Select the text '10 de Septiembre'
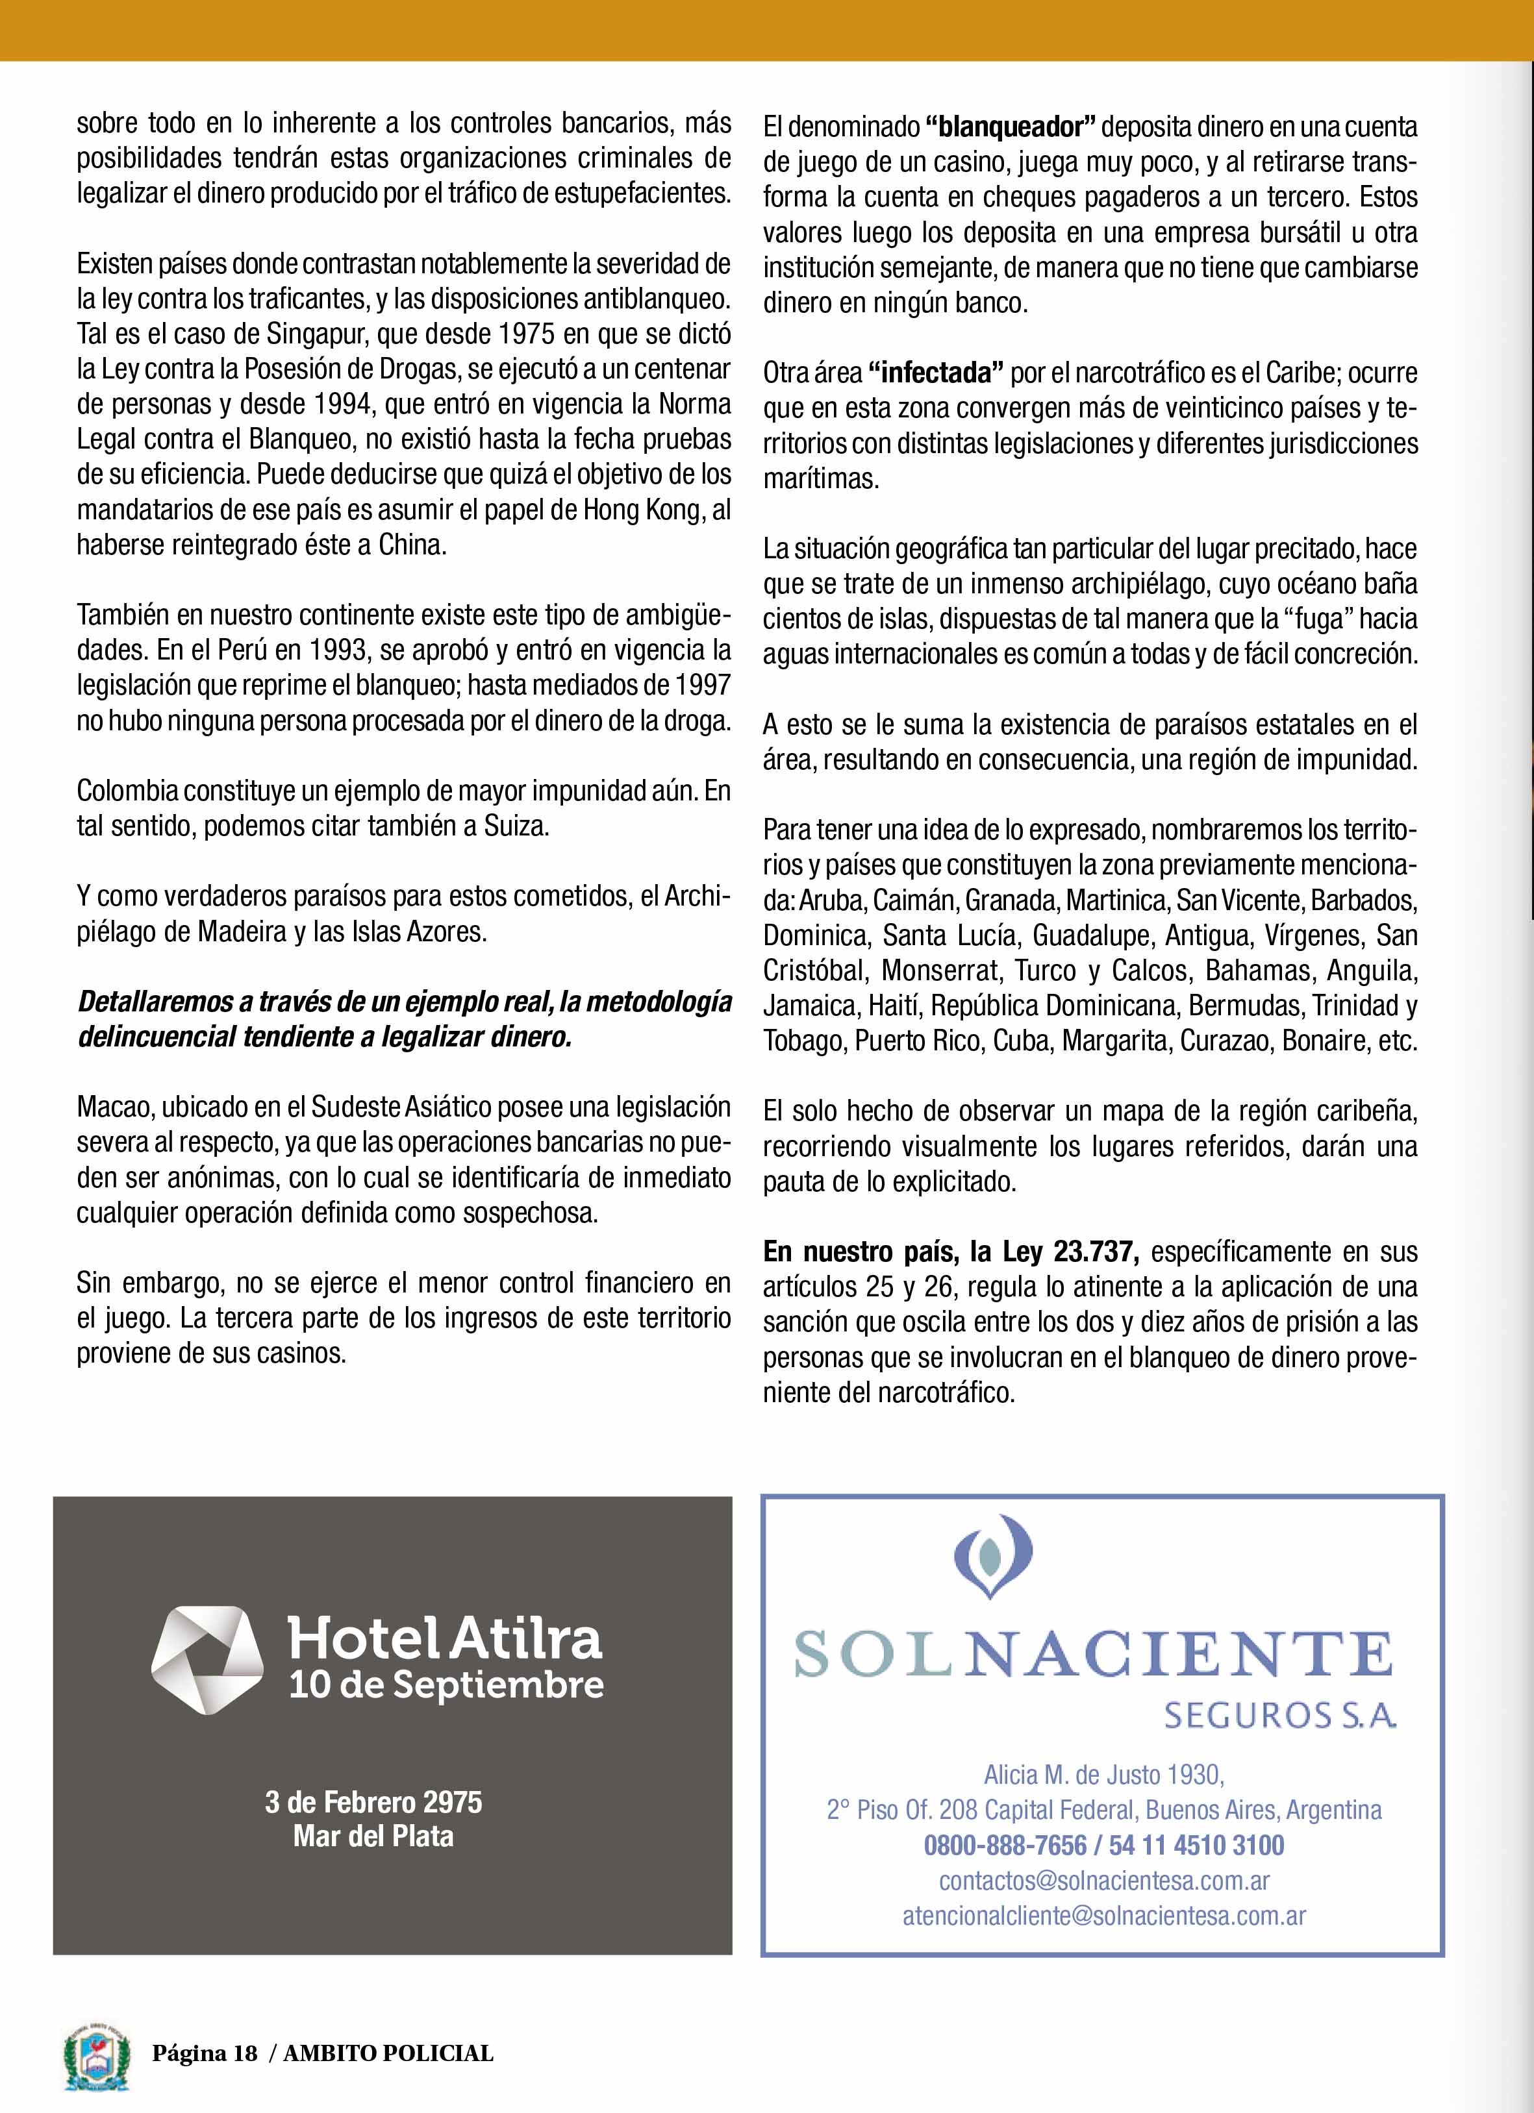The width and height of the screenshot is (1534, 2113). (x=446, y=1685)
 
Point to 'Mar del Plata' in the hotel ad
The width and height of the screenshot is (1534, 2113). (x=373, y=1836)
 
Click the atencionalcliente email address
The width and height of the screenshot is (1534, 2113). (x=1104, y=1916)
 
